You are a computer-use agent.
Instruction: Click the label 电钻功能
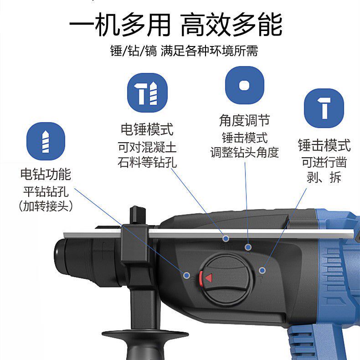[x=46, y=174]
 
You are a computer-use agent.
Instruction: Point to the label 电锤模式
[x=147, y=130]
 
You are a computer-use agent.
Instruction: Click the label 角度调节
[x=244, y=121]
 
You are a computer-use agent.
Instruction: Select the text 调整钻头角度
[x=244, y=152]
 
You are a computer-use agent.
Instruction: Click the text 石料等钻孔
[x=147, y=163]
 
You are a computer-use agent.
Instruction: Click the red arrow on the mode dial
[x=208, y=278]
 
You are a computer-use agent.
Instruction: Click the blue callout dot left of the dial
[x=186, y=275]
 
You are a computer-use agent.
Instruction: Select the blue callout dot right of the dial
[x=262, y=270]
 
